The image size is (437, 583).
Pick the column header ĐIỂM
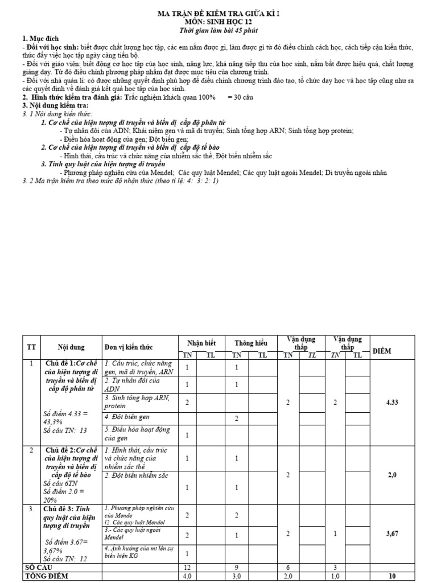[x=391, y=351]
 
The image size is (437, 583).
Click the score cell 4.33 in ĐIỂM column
[x=391, y=402]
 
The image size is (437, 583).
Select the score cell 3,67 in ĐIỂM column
[x=391, y=533]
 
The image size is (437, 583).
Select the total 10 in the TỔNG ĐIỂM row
[x=391, y=576]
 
